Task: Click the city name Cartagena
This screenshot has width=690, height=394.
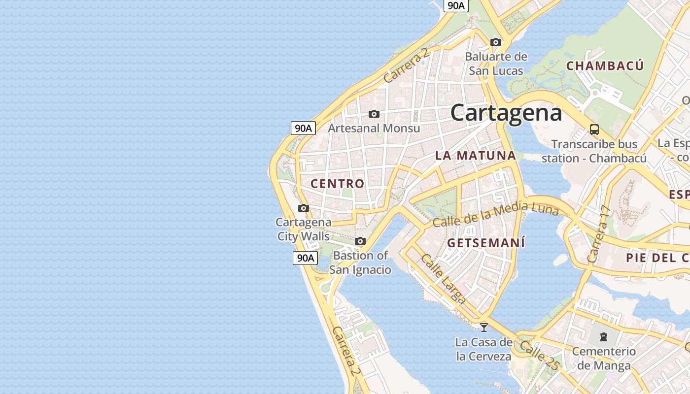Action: point(506,113)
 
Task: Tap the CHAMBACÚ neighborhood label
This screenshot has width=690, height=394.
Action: point(605,66)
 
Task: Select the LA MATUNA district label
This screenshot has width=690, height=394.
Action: point(476,156)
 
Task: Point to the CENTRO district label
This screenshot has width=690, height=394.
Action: point(338,184)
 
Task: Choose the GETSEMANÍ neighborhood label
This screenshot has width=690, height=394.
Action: point(486,243)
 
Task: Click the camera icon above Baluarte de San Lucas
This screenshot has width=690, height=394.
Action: point(496,42)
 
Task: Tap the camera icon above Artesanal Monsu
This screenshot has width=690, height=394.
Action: point(374,114)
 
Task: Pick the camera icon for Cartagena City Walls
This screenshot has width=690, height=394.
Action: point(304,208)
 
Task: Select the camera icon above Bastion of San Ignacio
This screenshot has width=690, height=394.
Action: point(360,241)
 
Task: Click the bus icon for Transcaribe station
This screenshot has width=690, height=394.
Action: point(594,130)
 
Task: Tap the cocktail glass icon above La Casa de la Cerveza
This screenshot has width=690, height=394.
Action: point(484,327)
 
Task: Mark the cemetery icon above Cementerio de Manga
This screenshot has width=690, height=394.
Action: point(604,337)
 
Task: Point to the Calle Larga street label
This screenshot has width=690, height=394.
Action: point(443,278)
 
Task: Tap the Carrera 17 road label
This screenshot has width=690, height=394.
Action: point(599,234)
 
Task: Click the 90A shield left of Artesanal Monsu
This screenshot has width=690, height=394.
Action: point(303,128)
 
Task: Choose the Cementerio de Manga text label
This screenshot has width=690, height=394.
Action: point(604,359)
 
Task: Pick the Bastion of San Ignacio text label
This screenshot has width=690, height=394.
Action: point(360,263)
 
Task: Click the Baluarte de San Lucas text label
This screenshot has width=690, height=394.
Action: point(496,64)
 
